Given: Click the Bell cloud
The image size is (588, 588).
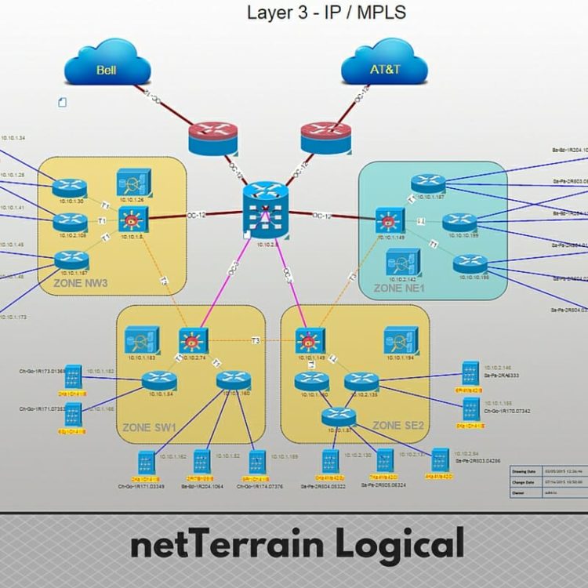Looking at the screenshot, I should coord(106,67).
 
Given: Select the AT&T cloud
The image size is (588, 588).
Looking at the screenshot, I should coord(384,67).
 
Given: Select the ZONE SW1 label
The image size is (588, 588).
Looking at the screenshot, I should coord(148,428).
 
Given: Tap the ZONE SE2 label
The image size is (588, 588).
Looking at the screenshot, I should coord(397,426).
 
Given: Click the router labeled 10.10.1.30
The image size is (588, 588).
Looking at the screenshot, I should coord(71,187).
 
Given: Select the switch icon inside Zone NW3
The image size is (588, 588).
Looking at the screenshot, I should coord(129,220).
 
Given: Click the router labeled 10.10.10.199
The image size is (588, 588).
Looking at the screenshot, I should coord(459,223).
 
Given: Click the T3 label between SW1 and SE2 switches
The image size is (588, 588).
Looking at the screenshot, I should coord(255,340).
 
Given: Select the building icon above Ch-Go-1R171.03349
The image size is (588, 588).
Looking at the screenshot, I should coord(147,463).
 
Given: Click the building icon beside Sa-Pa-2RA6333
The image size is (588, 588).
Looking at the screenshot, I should coord(470,371).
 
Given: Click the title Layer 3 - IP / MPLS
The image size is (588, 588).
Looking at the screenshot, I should coord(325,13).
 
